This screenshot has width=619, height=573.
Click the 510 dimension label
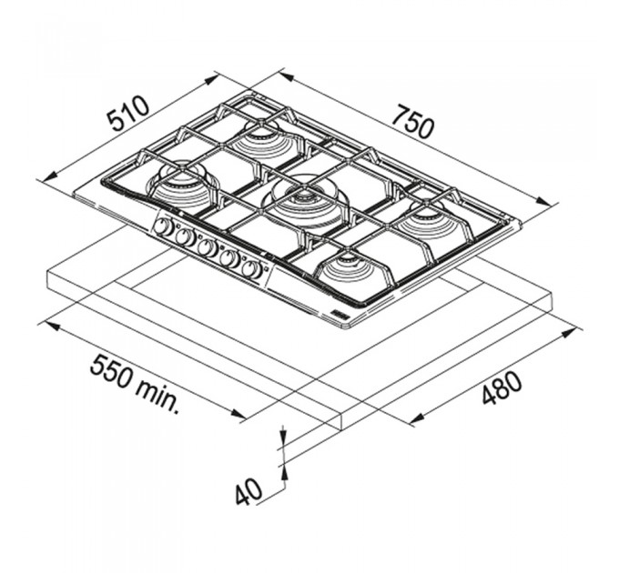(x=129, y=113)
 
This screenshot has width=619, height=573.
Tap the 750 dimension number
(x=414, y=122)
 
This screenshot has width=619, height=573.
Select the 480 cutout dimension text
(x=502, y=387)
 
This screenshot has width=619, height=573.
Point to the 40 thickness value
(x=249, y=492)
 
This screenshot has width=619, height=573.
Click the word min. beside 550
(x=157, y=397)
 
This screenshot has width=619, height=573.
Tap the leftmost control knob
(x=161, y=227)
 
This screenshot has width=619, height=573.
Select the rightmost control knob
(x=253, y=270)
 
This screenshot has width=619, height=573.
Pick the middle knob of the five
(x=207, y=248)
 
